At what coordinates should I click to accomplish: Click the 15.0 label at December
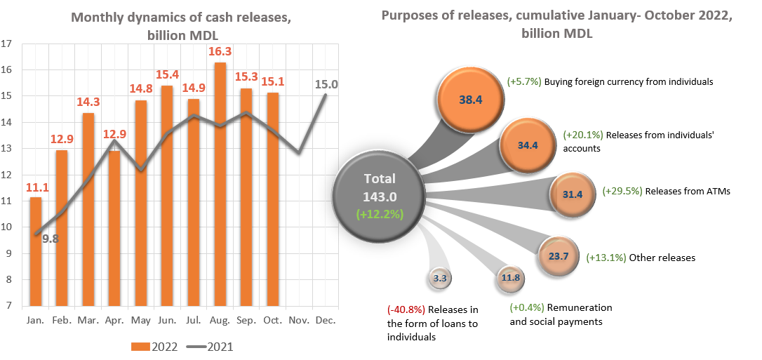click(327, 84)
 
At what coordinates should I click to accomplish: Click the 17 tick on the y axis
click(8, 44)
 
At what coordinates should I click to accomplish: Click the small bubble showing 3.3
click(441, 279)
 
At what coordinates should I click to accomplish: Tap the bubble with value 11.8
click(509, 278)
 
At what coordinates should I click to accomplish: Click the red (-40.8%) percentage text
click(406, 309)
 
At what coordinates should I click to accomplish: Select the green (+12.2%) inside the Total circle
click(380, 214)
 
